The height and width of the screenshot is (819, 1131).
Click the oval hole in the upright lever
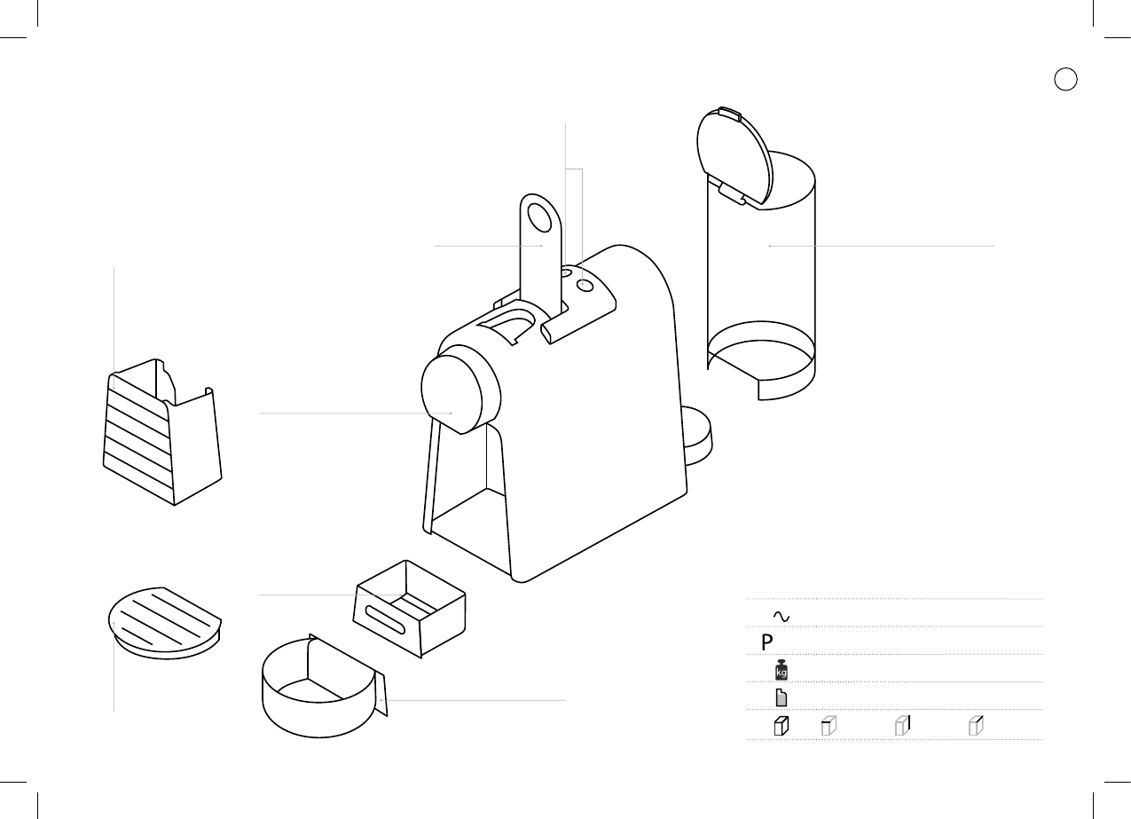[x=538, y=217]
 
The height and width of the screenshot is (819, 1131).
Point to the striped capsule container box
[x=160, y=435]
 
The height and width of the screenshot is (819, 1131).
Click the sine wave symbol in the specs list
[x=781, y=616]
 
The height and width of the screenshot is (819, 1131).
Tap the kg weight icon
[x=781, y=670]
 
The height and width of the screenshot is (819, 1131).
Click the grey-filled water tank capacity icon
[x=781, y=697]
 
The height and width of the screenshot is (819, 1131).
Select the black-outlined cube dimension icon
[x=781, y=726]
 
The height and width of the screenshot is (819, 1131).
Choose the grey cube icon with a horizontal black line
[x=829, y=726]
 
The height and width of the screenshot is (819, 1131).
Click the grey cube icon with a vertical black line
[x=902, y=726]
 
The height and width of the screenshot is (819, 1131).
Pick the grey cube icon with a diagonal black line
[x=976, y=726]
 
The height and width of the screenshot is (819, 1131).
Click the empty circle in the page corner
[x=1065, y=79]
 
